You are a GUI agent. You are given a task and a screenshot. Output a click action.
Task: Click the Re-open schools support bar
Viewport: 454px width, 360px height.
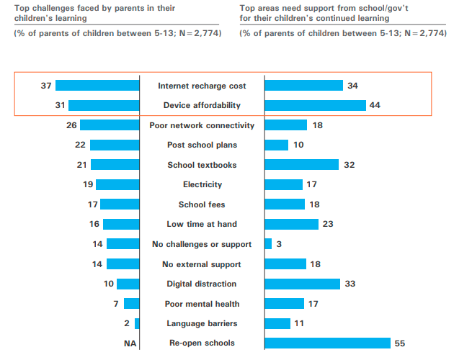pos(327,343)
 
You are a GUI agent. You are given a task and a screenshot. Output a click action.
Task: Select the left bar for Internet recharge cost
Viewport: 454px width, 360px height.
pos(97,86)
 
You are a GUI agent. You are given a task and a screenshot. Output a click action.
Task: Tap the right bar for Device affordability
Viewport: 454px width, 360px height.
pos(315,105)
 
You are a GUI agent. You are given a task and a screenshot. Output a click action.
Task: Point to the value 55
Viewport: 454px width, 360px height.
pos(400,343)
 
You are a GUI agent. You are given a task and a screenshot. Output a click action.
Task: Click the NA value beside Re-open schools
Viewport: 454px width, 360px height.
pos(130,343)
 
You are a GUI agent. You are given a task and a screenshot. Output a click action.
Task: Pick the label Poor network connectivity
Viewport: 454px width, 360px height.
pos(202,125)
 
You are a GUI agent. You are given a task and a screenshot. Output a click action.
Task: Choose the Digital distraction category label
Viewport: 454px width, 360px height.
pos(202,284)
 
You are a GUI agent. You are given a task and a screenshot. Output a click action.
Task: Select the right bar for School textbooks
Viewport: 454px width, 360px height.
pos(301,165)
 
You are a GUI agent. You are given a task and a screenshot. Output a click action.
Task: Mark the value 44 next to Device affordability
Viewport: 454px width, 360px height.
pos(374,105)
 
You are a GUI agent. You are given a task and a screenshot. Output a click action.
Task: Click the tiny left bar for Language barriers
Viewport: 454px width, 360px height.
pos(137,323)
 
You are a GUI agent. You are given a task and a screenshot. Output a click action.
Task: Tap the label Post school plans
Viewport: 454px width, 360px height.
pos(202,145)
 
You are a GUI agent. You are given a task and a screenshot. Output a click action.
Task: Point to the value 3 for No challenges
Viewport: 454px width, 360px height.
pos(278,244)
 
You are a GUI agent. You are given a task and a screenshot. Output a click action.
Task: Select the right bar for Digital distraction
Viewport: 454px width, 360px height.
pos(302,284)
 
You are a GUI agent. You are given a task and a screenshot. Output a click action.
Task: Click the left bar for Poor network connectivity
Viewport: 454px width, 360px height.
pos(110,125)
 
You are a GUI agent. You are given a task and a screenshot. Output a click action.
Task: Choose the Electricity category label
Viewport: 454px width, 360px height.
pos(202,184)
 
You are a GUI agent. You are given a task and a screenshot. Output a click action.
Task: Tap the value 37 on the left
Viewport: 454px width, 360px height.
pos(46,86)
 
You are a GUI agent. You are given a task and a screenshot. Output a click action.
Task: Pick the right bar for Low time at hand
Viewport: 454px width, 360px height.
pos(291,224)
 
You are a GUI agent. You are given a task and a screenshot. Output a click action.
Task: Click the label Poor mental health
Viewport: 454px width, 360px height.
pos(202,304)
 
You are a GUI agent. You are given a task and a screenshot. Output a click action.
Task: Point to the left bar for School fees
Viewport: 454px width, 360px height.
pos(120,204)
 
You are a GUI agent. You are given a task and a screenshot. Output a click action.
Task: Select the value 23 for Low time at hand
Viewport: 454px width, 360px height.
pos(328,224)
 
